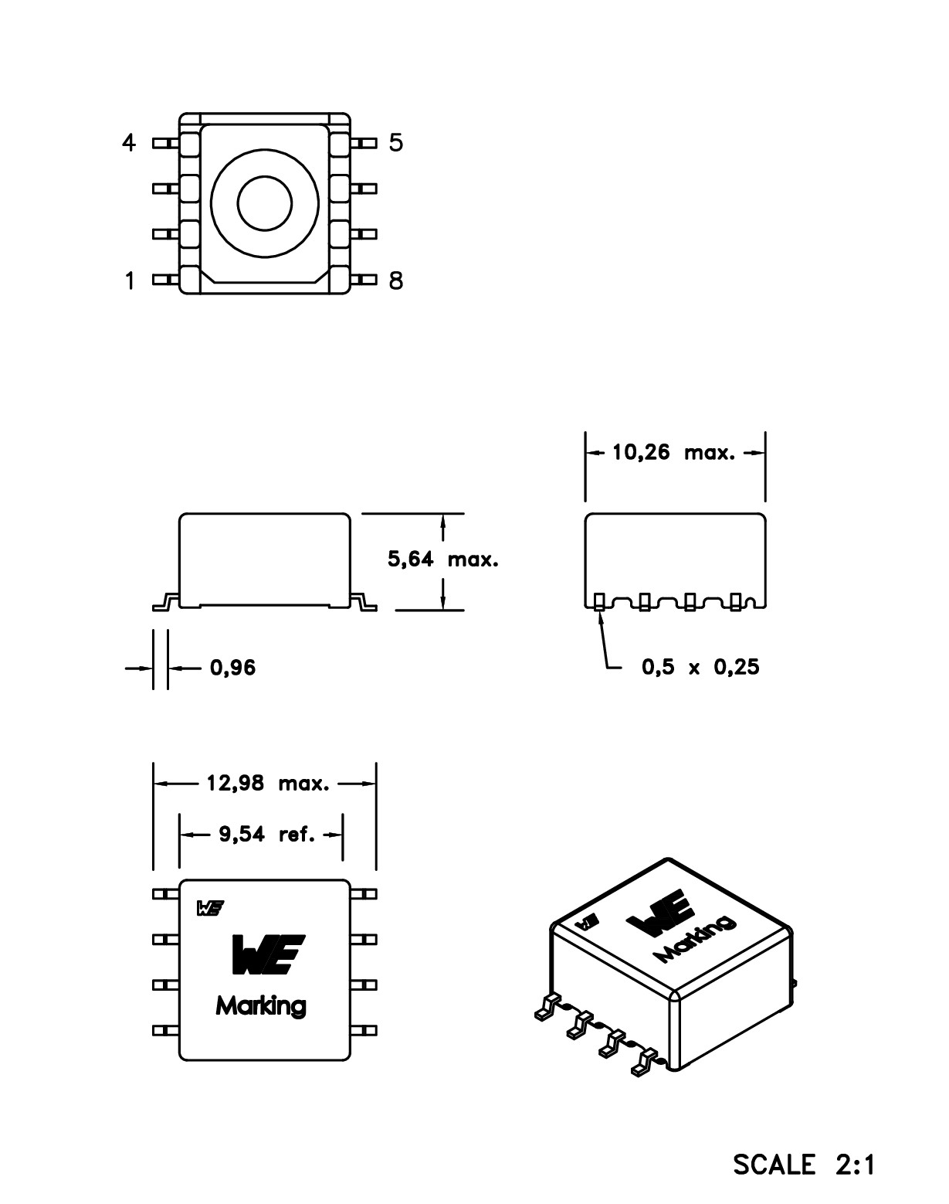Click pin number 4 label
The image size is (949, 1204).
129,143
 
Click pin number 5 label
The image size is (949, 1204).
395,143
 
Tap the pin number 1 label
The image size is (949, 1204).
129,280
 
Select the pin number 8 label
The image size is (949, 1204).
395,280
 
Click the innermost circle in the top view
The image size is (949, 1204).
265,204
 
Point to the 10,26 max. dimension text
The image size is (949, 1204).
674,453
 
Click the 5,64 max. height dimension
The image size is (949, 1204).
442,559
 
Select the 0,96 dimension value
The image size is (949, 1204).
232,668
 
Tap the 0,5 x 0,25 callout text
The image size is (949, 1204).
700,667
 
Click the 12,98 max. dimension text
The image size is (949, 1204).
267,784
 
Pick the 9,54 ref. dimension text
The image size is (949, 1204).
266,835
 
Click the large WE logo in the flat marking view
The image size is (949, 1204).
268,954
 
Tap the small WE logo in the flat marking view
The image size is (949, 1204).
208,909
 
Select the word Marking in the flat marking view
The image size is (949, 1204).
261,1006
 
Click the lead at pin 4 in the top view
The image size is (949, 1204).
164,143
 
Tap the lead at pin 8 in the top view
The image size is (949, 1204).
364,280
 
